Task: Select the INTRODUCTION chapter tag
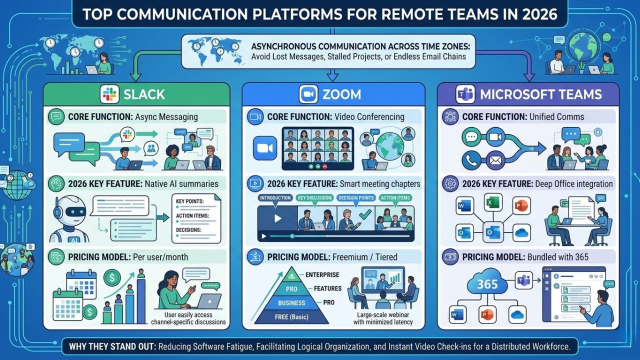275,198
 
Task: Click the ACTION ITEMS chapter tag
395,198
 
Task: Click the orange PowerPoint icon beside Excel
521,205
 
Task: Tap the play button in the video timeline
276,219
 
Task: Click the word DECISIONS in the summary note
188,230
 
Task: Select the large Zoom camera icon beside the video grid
265,147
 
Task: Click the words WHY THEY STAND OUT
101,345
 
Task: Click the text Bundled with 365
557,257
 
